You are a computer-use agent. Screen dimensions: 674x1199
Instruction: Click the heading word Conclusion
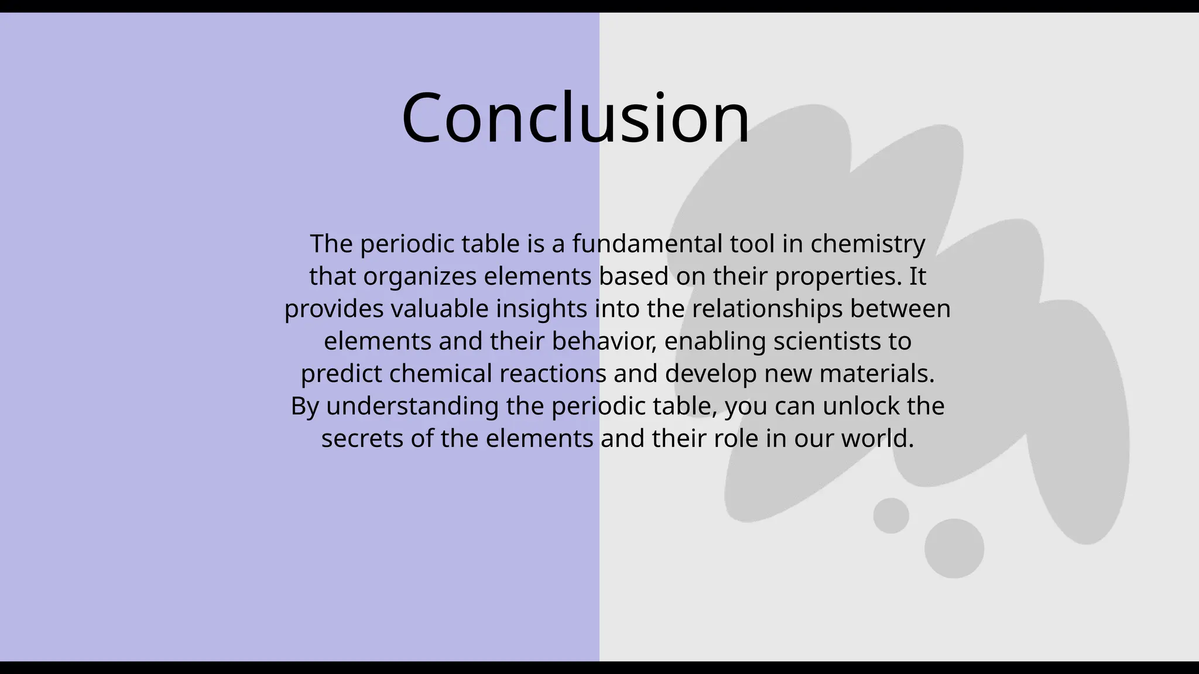(x=575, y=119)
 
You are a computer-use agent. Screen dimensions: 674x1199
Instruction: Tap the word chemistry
(x=868, y=244)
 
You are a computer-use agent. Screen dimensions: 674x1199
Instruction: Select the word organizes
(x=420, y=277)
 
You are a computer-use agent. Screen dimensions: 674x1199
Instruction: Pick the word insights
(x=542, y=309)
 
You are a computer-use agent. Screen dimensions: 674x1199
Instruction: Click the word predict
(x=341, y=374)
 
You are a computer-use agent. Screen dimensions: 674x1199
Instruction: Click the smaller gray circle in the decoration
(x=891, y=515)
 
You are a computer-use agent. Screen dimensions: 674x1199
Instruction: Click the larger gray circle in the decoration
(x=954, y=548)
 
